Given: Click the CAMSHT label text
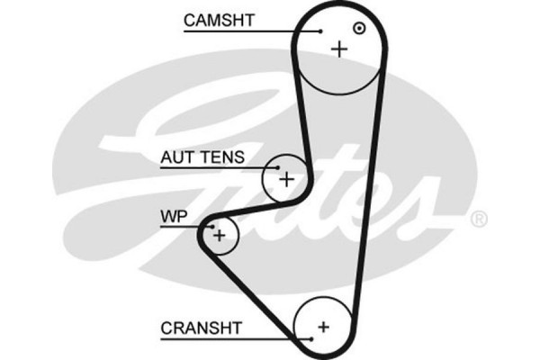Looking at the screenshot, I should pos(220,19).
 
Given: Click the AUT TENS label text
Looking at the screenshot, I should pos(202,157).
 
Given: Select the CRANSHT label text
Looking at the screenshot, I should pos(201,328).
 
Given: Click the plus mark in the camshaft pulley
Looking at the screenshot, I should pos(339,49).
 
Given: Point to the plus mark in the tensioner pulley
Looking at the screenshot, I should pos(286,178).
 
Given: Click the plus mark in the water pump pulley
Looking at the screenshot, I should pos(220,235).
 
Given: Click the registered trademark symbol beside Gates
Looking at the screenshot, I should pos(479,219).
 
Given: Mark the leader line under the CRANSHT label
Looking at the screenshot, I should pos(234,338).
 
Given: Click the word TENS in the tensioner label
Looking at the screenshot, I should pos(222,157).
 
